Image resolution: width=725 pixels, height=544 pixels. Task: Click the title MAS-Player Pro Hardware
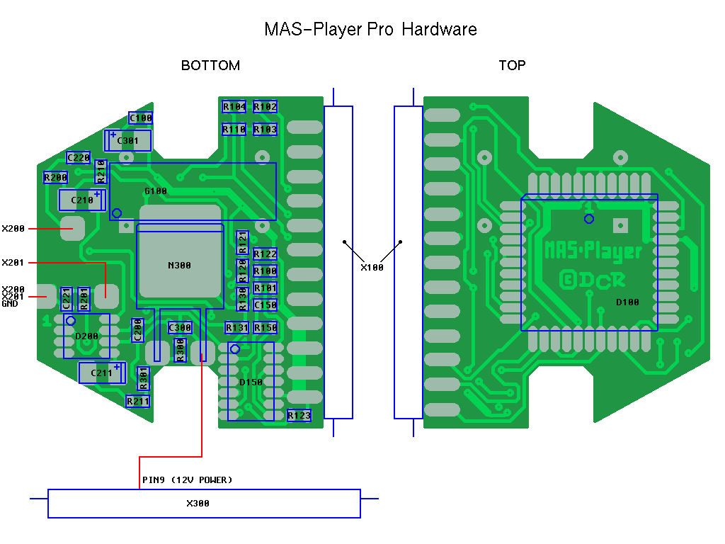click(x=370, y=29)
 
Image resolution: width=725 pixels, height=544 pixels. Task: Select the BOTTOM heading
click(x=210, y=66)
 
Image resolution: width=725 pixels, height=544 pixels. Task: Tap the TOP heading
click(x=512, y=66)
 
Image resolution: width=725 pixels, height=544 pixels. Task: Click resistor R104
click(x=234, y=107)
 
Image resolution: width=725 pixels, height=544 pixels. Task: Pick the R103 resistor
click(x=265, y=130)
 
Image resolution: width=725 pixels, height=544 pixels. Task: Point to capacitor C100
click(x=140, y=118)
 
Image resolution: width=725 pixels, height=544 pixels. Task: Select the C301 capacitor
click(x=128, y=140)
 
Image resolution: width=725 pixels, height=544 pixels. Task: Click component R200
click(x=55, y=177)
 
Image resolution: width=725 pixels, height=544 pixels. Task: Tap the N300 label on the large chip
click(x=179, y=266)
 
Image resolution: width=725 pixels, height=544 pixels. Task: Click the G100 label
click(x=156, y=191)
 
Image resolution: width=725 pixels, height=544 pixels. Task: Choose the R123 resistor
click(x=299, y=416)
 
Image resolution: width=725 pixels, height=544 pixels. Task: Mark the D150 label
click(x=251, y=382)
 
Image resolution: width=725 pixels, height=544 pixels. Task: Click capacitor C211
click(x=102, y=373)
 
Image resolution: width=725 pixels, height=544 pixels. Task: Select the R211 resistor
click(x=138, y=402)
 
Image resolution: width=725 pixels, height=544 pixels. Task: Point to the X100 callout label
click(x=372, y=268)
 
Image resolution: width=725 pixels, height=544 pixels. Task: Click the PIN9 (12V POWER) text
click(x=188, y=480)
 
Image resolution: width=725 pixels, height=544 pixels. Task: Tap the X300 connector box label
click(x=198, y=504)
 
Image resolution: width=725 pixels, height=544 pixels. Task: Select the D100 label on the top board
click(x=627, y=302)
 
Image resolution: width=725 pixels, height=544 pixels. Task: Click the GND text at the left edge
click(x=10, y=303)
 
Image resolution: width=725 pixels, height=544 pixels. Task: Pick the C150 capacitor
click(x=265, y=305)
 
